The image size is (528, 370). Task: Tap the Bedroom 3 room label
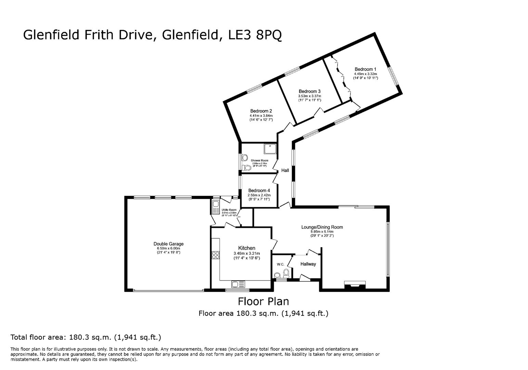309,91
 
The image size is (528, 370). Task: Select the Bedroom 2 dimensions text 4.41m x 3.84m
261,115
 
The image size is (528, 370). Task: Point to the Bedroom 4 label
259,190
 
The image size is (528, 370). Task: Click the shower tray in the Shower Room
269,149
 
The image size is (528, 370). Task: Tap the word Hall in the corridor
285,170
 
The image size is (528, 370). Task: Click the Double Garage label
168,244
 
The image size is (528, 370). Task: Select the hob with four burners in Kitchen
216,255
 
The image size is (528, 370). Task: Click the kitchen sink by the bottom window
238,284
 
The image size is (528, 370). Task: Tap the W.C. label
281,264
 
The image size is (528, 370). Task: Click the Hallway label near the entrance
308,264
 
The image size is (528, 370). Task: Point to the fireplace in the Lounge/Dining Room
355,284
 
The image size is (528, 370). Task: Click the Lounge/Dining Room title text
322,227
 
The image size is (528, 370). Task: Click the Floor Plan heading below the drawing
263,301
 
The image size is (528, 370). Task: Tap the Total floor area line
86,337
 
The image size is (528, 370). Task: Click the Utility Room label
229,210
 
